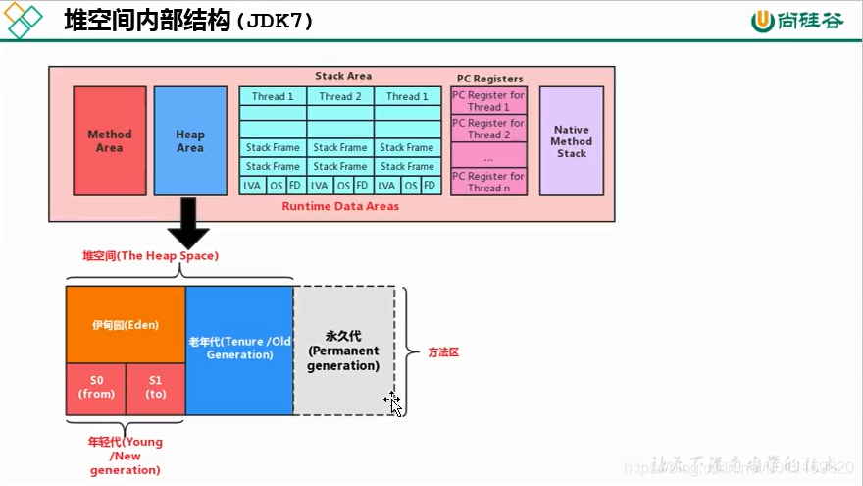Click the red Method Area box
(109, 140)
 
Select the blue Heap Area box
(190, 140)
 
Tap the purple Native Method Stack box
(571, 140)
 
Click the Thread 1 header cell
(273, 96)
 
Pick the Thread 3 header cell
(406, 96)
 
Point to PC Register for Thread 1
(488, 101)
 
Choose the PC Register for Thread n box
(488, 182)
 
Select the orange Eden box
(126, 324)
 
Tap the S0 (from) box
(96, 388)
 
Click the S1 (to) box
(156, 388)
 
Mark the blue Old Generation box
(239, 349)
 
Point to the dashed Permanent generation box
(343, 351)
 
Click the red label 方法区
(443, 351)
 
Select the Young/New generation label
(126, 456)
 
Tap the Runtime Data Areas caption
(340, 207)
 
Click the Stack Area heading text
(342, 76)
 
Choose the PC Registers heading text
(489, 79)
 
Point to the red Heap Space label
(150, 256)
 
